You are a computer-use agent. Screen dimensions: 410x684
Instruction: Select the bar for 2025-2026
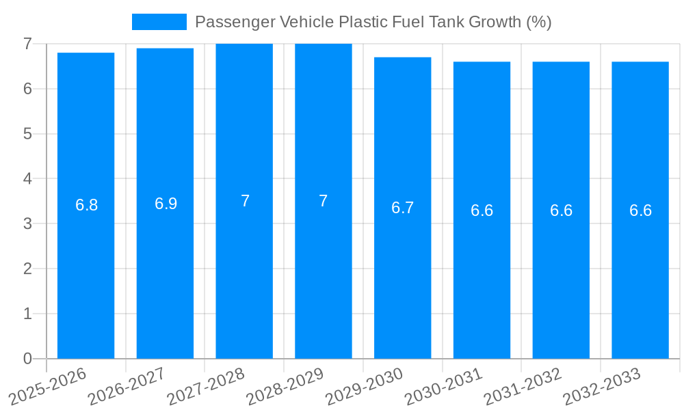coord(85,273)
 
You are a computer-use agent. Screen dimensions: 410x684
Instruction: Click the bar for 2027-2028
coord(244,273)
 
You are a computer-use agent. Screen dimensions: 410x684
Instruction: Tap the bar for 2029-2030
coord(402,273)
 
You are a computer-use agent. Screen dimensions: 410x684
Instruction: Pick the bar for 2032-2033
coord(640,273)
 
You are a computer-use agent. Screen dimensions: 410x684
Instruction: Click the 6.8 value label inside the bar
coord(87,205)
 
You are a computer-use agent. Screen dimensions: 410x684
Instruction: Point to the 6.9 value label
coord(166,204)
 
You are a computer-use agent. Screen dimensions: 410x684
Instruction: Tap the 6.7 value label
coord(402,208)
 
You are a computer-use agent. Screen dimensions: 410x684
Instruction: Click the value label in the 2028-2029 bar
coord(324,201)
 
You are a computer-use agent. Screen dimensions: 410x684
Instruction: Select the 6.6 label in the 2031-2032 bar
coord(561,210)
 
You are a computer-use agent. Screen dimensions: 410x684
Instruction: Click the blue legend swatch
coord(159,22)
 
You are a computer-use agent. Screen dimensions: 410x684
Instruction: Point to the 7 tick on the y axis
coord(27,44)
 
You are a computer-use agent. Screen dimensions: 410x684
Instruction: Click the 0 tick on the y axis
coord(27,359)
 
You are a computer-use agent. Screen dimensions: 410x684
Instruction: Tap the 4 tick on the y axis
coord(27,178)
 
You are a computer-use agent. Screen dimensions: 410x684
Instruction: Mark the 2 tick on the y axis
coord(27,269)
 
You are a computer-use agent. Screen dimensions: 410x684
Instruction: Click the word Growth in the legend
coord(495,22)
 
